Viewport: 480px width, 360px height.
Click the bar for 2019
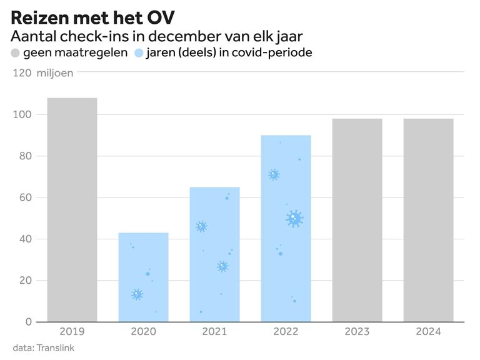pos(72,209)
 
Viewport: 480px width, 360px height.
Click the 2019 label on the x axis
pos(72,332)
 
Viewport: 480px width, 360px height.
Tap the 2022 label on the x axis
pos(286,332)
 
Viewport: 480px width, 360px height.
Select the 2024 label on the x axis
pos(428,332)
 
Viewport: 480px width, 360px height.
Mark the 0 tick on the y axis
pos(29,322)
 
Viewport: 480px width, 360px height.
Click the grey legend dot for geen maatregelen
pos(16,52)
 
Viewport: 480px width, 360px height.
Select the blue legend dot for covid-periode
pos(139,52)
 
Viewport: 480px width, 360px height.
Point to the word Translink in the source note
pos(56,347)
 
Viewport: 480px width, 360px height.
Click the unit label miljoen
pos(55,73)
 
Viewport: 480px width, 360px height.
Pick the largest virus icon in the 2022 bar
pos(294,218)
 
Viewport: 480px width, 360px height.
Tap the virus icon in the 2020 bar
pos(137,294)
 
